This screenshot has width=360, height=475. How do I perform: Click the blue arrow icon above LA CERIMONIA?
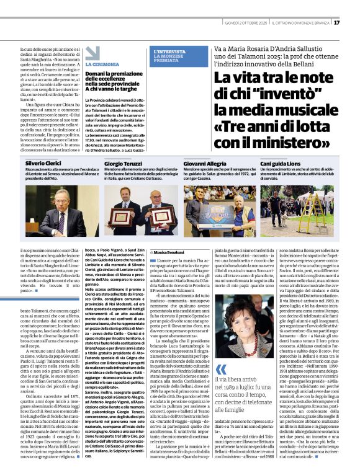[92, 53]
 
